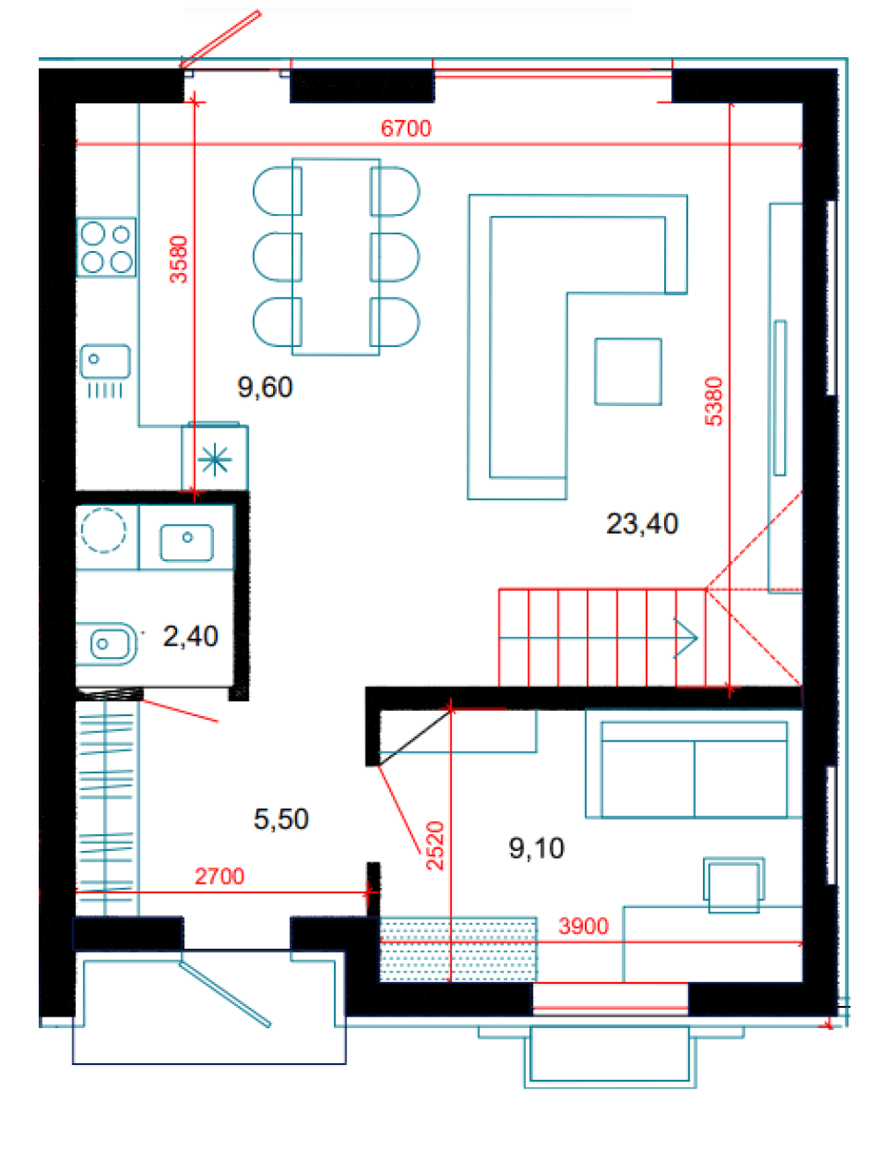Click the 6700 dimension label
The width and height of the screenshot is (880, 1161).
click(x=405, y=129)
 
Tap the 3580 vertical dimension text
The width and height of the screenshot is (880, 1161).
click(x=179, y=259)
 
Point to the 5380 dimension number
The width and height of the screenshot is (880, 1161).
click(x=713, y=401)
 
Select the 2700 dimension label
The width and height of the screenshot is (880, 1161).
click(x=219, y=876)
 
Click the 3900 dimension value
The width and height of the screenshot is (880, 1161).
click(x=583, y=926)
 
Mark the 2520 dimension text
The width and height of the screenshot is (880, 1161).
click(x=434, y=846)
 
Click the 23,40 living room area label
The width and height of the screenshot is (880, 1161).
click(x=641, y=523)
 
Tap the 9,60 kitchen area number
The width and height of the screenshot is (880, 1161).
click(x=264, y=388)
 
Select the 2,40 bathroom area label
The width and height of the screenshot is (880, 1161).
click(x=190, y=636)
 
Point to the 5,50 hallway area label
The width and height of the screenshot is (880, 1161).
click(x=280, y=819)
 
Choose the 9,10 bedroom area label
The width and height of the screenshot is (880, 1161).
click(x=536, y=848)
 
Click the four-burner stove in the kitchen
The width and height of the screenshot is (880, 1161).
click(x=106, y=247)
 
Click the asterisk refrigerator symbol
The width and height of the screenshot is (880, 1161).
click(x=215, y=459)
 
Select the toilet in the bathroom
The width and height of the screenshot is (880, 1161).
click(x=106, y=643)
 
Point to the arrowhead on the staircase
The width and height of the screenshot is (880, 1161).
click(x=686, y=638)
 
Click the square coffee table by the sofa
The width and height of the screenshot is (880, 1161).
click(x=628, y=372)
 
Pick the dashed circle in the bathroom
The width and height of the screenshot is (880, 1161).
click(x=103, y=530)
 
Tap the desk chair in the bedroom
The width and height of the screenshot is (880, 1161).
click(x=734, y=885)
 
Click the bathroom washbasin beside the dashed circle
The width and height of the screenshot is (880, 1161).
click(x=187, y=543)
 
